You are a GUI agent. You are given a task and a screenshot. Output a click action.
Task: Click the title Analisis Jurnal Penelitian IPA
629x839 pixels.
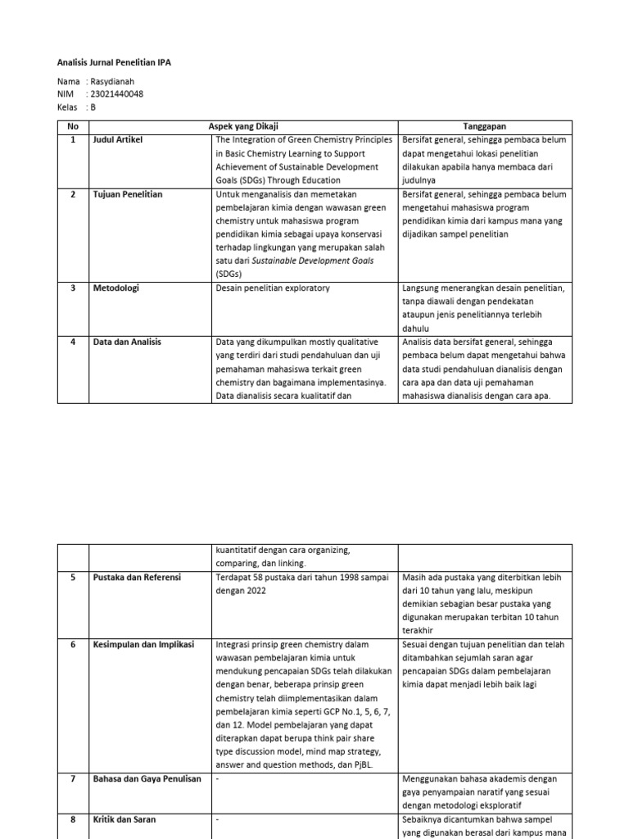click(114, 62)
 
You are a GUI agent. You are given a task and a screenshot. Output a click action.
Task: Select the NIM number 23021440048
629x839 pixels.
click(117, 94)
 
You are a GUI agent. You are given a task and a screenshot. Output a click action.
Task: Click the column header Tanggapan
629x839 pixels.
click(485, 127)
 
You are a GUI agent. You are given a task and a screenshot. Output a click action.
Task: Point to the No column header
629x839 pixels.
click(72, 127)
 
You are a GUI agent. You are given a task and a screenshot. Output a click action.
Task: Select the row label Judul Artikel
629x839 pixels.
click(118, 140)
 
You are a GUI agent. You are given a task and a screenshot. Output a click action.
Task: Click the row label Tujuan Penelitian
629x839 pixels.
click(128, 194)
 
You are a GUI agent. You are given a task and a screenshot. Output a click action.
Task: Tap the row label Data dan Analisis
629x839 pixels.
click(127, 342)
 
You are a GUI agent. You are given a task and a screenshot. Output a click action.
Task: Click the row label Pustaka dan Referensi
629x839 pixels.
click(137, 578)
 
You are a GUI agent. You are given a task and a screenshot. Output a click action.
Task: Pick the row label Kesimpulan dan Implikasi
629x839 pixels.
click(143, 645)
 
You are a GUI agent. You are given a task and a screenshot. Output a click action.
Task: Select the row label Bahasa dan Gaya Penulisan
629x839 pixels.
click(147, 779)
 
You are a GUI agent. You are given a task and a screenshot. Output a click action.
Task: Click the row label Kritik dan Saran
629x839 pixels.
click(124, 819)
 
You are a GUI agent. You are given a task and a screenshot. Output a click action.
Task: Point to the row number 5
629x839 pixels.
click(73, 578)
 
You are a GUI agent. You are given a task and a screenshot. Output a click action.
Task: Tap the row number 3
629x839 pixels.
click(73, 288)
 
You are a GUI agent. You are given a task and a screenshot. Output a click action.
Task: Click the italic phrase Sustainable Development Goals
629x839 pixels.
click(305, 261)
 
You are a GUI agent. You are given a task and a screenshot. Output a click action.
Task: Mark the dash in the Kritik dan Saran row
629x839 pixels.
click(217, 819)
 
